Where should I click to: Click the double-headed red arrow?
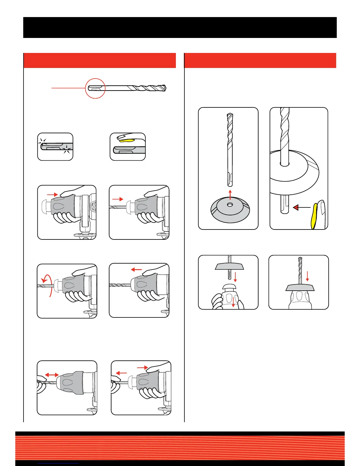tap(51, 375)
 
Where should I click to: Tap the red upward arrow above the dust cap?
tap(230, 194)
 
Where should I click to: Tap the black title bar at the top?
tap(180, 27)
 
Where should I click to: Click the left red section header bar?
tap(99, 61)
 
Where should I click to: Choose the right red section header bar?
tap(260, 61)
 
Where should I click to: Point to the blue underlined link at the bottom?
tap(59, 463)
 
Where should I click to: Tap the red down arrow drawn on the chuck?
tap(233, 302)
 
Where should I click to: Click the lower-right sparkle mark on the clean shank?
tap(67, 151)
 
